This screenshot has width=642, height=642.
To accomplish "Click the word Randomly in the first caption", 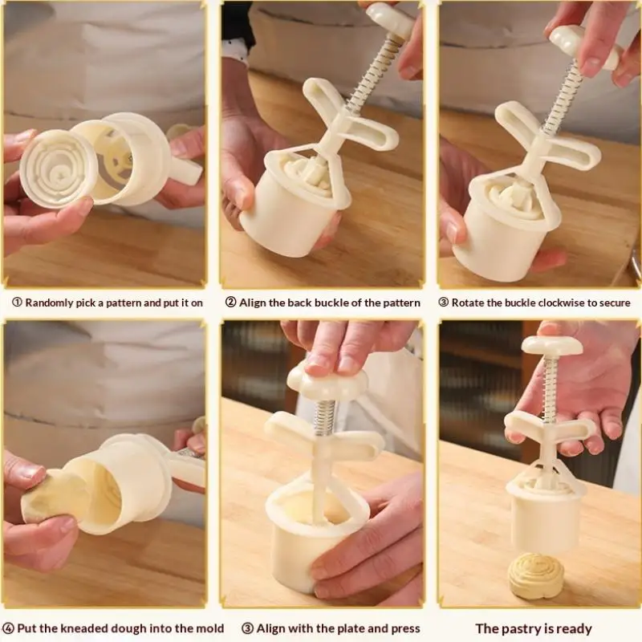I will tap(54, 303).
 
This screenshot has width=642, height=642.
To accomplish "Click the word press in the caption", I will tap(404, 628).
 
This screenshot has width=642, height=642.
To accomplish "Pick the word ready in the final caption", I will tap(572, 628).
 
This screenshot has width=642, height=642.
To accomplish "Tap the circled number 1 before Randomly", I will tap(16, 303).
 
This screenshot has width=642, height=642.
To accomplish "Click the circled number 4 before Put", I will tap(9, 628).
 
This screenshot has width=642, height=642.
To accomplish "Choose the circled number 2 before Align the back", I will tap(230, 303).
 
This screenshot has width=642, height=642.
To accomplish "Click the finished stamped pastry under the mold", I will tap(536, 575).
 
